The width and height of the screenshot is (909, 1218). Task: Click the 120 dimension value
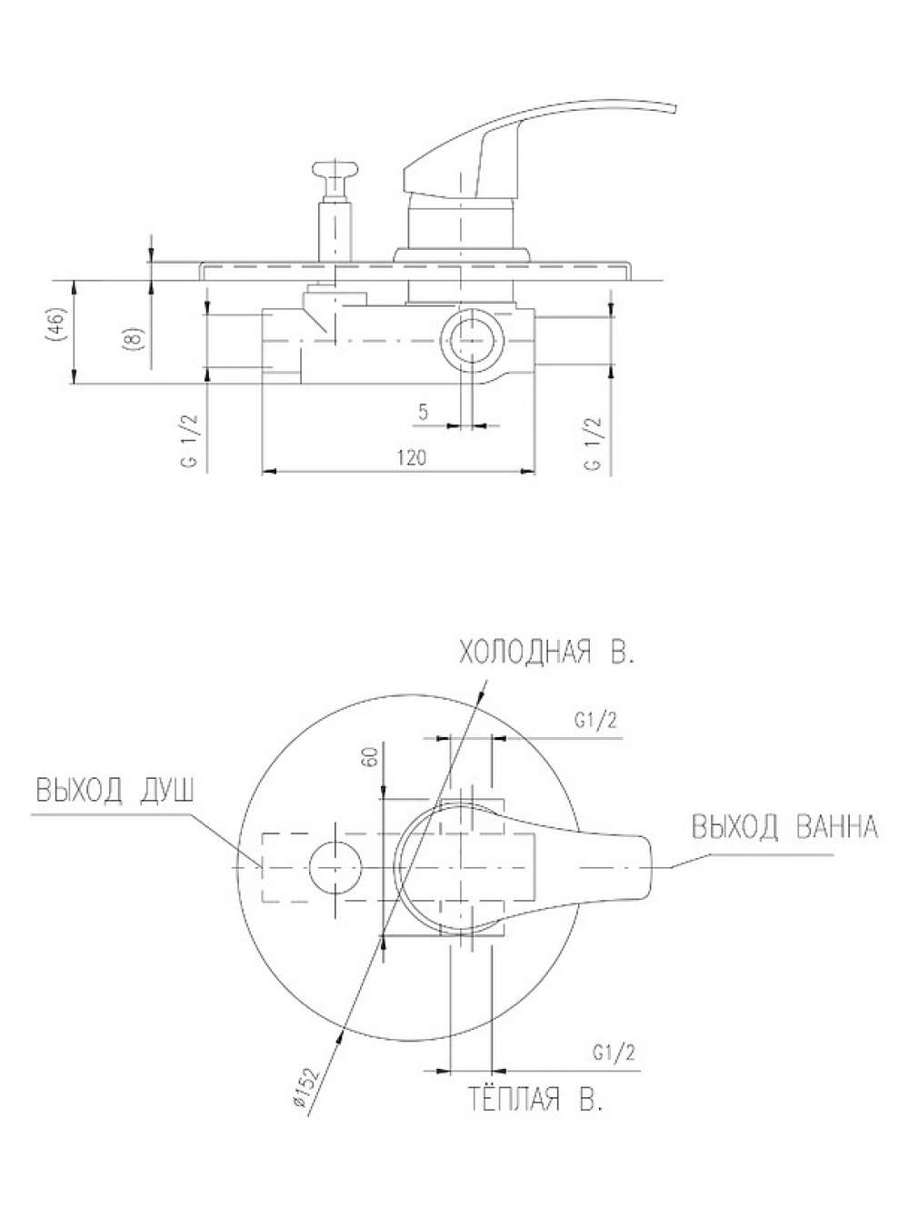click(412, 458)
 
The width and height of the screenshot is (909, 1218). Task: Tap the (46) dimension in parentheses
click(57, 324)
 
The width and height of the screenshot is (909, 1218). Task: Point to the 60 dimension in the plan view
click(371, 756)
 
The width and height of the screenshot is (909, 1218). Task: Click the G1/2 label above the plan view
click(595, 722)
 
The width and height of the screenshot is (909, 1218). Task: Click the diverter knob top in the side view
click(335, 169)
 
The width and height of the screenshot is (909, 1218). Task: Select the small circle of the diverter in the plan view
click(335, 867)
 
